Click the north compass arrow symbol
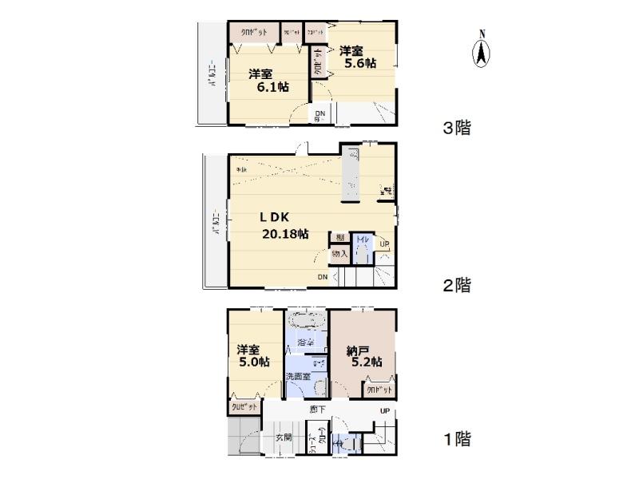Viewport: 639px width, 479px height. (482, 52)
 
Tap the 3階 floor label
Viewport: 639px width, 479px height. (457, 128)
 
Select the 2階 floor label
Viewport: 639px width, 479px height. (457, 285)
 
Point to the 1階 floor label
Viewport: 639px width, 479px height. (457, 438)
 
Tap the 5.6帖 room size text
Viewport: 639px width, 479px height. (361, 64)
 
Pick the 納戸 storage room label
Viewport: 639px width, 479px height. (358, 349)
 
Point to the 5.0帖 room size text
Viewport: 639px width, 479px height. (253, 362)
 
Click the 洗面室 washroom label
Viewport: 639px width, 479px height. (297, 375)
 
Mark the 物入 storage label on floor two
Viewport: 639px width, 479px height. (339, 254)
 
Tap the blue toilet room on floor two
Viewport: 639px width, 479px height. (360, 250)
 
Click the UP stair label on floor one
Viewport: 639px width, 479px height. (385, 411)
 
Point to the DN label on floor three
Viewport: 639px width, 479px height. (319, 114)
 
